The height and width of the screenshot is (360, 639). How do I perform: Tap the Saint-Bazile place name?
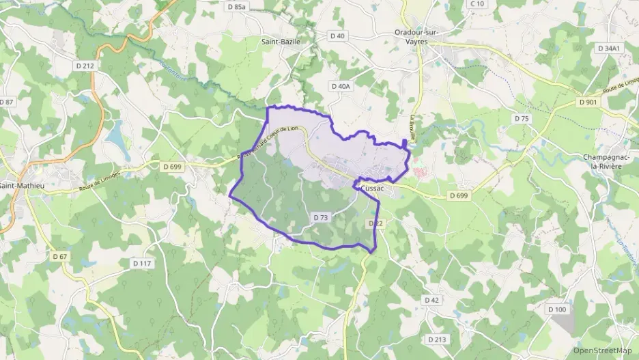[281, 42]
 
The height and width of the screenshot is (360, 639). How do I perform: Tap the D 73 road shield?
[321, 217]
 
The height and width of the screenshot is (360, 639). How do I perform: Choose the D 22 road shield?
[375, 223]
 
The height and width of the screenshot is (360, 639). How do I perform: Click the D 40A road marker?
[340, 86]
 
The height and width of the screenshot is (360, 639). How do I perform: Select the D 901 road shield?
[587, 102]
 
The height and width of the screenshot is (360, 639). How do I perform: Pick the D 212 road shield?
[85, 66]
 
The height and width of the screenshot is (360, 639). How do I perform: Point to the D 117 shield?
[142, 263]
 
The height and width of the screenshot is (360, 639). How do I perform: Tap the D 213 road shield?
[437, 340]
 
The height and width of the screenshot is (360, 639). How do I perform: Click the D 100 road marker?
[557, 309]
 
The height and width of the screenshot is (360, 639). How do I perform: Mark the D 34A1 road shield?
[608, 49]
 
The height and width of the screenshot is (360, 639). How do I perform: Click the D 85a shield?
[236, 6]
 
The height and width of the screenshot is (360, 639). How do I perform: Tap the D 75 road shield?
[522, 119]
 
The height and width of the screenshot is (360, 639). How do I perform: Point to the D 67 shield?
[59, 256]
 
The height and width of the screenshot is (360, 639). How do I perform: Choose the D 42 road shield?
[431, 300]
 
